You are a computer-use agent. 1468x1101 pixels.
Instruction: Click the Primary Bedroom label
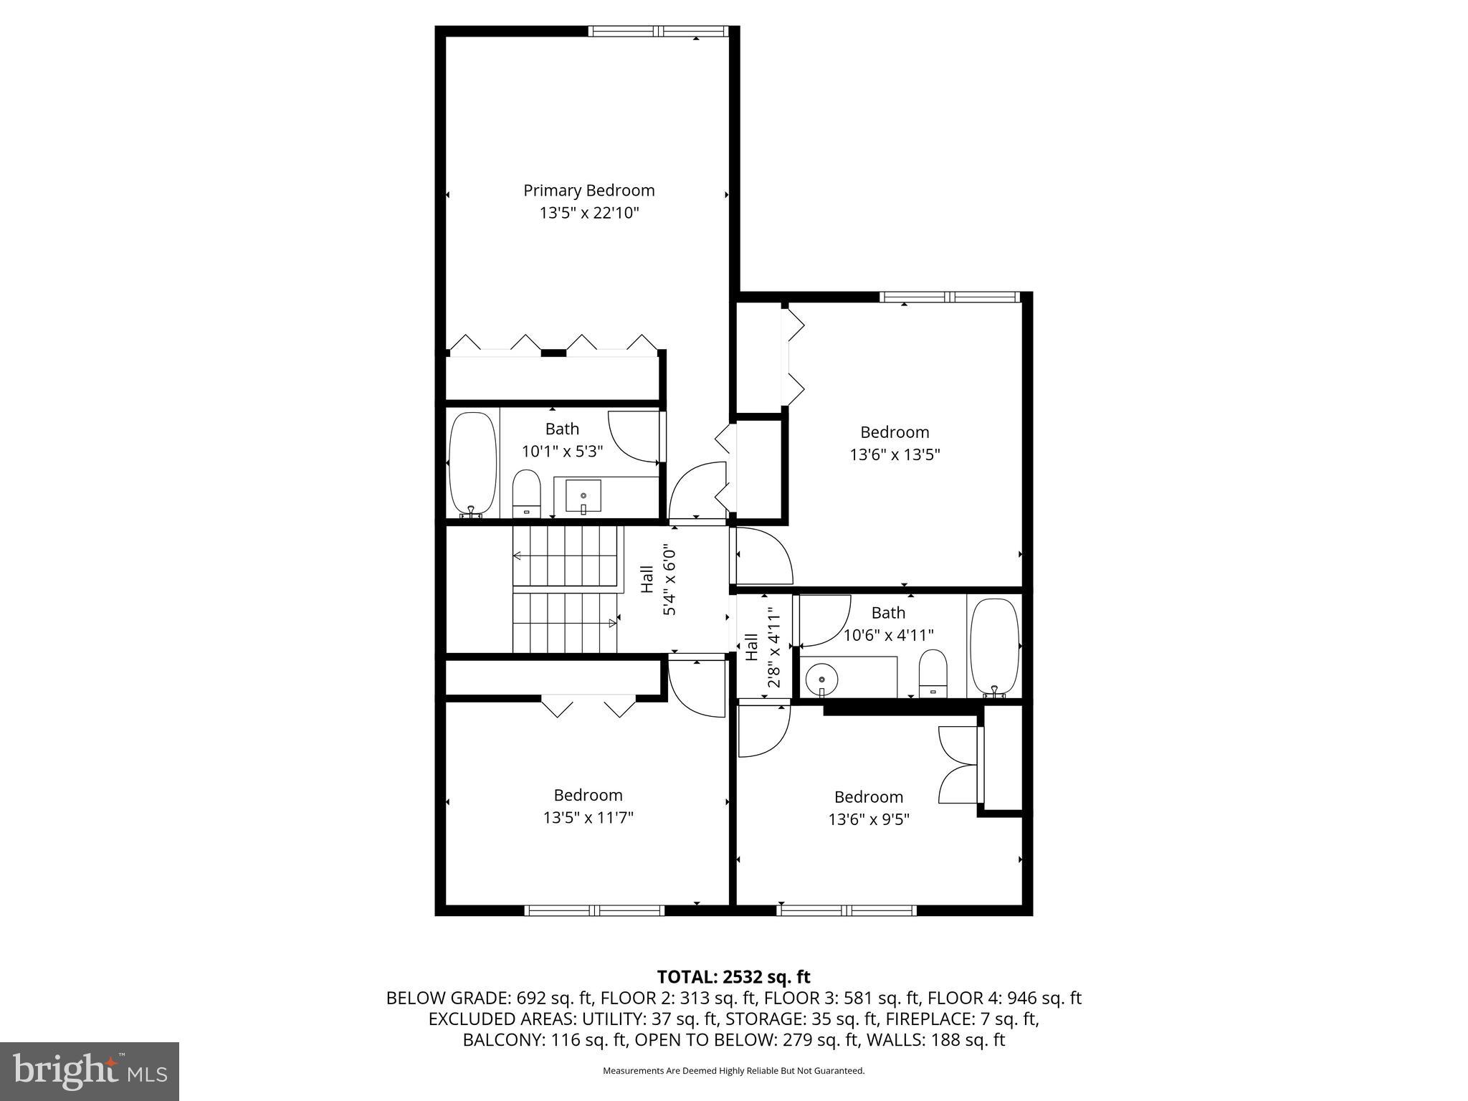tap(588, 191)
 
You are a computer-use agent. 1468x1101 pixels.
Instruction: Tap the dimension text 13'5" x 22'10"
tap(588, 213)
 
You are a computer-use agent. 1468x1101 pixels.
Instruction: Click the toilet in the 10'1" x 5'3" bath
tap(526, 493)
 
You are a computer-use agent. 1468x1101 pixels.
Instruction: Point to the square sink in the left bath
tap(583, 496)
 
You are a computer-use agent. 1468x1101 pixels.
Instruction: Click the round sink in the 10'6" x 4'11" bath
tap(822, 678)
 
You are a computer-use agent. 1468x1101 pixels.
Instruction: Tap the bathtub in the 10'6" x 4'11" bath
tap(993, 647)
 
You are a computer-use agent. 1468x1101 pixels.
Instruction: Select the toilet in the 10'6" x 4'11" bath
tap(933, 673)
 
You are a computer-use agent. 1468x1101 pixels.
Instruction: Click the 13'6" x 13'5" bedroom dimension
tap(895, 454)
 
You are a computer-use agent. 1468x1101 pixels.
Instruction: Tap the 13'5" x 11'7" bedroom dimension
tap(588, 817)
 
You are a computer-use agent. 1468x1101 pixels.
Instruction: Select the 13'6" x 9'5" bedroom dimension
tap(869, 819)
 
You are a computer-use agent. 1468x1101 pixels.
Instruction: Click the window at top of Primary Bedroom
tap(658, 31)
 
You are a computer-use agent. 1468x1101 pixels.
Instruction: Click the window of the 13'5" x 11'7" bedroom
tap(594, 910)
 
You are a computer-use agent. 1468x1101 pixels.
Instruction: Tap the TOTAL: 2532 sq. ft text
tap(733, 976)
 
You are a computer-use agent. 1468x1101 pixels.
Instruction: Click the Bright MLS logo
tap(90, 1071)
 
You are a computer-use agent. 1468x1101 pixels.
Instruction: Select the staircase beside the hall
tap(566, 589)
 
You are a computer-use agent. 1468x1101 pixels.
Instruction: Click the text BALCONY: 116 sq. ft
tap(545, 1040)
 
